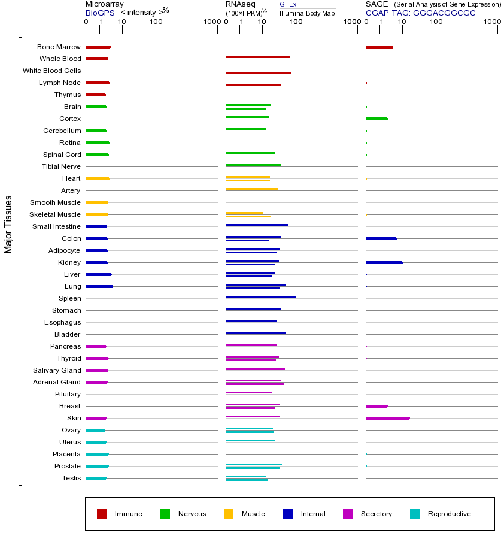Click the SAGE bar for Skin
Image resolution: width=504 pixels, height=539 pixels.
388,418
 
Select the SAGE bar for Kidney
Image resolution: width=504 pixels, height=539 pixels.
384,262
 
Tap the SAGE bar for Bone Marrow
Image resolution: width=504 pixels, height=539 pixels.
379,47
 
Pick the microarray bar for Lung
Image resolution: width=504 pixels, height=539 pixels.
99,286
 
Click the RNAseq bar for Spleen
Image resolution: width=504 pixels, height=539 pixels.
260,296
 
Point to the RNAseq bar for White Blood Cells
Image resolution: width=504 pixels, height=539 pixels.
258,72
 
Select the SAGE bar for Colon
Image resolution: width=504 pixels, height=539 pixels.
381,238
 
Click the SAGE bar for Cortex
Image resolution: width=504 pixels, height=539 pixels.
377,119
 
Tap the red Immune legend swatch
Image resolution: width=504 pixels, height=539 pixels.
102,514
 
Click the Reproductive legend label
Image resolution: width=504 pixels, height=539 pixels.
449,514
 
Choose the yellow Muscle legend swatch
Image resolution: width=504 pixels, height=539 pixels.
229,514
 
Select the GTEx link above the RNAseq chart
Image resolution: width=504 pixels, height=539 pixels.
288,4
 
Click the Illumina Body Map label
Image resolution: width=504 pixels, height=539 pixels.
307,13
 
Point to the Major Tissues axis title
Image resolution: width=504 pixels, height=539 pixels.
8,224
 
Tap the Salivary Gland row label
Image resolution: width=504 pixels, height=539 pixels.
57,370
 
